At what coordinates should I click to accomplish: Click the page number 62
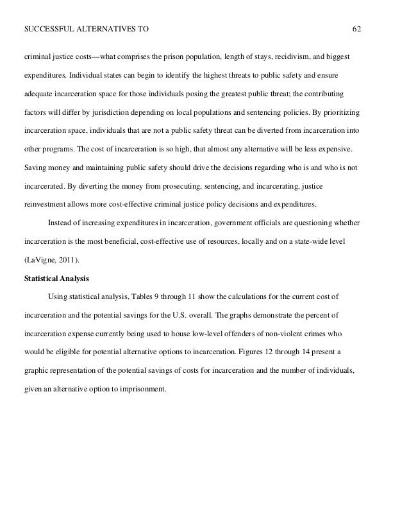coord(357,29)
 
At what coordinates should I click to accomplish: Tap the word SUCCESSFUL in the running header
coord(49,29)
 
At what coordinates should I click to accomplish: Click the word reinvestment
coord(46,206)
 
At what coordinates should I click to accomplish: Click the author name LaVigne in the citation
coord(42,261)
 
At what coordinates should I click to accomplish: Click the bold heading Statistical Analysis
coord(56,279)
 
